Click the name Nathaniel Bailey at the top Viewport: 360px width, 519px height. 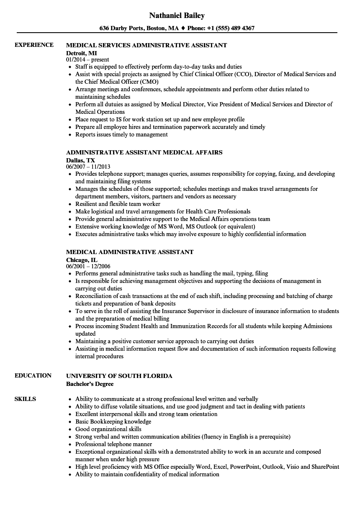[177, 15]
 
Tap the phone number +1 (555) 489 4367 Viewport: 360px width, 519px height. [231, 28]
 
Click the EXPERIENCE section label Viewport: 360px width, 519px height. [34, 45]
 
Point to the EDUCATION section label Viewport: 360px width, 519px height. [33, 375]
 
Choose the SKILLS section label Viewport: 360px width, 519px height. [25, 399]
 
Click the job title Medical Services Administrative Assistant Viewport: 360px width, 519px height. [147, 45]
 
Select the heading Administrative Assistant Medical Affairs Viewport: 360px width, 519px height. [144, 152]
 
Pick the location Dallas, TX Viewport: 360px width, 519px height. [80, 160]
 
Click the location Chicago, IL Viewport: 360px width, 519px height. [82, 259]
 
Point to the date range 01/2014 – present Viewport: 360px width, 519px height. [87, 60]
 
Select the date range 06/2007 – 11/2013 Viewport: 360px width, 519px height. [88, 167]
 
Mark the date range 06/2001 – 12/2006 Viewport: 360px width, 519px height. [88, 266]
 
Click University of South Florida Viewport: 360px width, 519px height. [119, 376]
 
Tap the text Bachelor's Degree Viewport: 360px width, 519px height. [90, 383]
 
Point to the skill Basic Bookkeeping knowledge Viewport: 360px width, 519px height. [113, 421]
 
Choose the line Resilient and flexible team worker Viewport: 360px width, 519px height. [118, 204]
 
